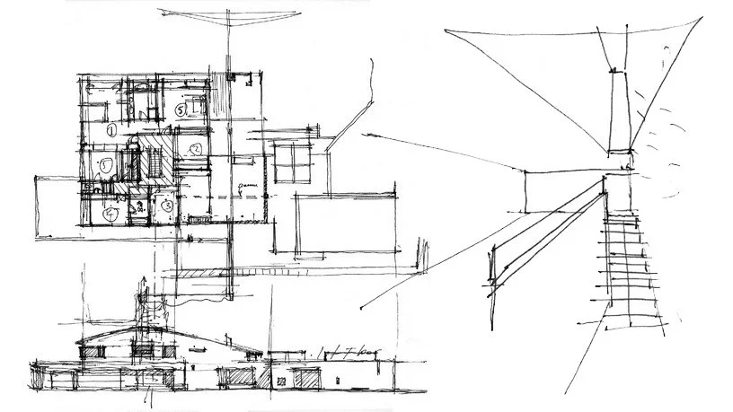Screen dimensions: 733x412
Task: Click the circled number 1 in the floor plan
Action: tap(111, 131)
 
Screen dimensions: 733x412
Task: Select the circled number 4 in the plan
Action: tap(108, 215)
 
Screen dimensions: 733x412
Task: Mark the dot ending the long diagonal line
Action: tap(360, 310)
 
